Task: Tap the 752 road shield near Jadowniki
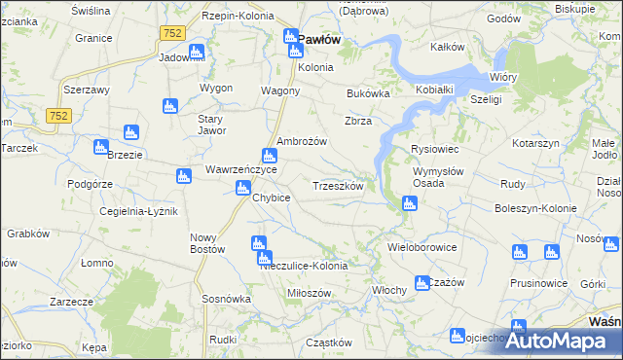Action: click(x=172, y=33)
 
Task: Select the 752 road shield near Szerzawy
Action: click(x=60, y=116)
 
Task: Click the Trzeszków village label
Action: click(x=338, y=186)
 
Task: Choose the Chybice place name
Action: click(x=272, y=198)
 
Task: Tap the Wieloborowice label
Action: click(x=422, y=247)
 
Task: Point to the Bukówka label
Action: click(x=368, y=94)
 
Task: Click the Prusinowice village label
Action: click(x=537, y=283)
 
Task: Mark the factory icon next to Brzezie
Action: click(x=100, y=147)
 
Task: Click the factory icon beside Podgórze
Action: click(x=182, y=176)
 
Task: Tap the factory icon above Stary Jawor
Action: click(x=168, y=105)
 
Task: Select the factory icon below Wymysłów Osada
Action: click(x=410, y=202)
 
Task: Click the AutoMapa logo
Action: click(x=559, y=341)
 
